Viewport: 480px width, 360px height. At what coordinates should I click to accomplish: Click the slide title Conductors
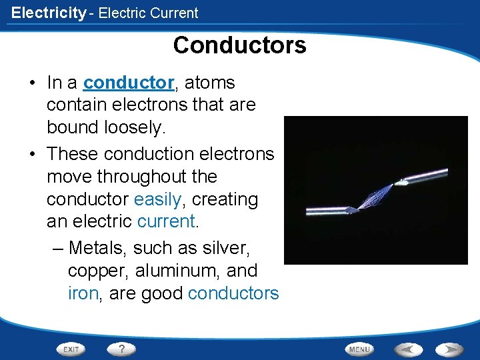click(239, 45)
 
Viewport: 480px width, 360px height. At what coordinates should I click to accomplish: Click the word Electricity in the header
click(49, 13)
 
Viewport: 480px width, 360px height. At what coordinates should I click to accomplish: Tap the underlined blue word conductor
click(129, 83)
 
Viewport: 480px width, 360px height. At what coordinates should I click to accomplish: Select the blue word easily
click(158, 199)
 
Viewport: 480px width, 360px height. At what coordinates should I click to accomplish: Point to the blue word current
click(165, 221)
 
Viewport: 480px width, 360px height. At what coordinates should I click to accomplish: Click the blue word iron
click(83, 293)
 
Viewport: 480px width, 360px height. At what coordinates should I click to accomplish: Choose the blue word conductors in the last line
click(233, 293)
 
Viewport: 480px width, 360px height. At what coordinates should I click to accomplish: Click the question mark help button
click(122, 349)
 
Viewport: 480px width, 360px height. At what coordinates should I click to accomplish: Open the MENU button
click(359, 349)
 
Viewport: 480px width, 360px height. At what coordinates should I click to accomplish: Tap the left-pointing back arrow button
click(407, 349)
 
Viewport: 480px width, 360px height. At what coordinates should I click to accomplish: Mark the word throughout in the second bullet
click(157, 177)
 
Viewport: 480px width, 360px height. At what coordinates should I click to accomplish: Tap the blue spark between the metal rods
click(378, 197)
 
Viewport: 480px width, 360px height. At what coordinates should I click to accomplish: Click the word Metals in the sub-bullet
click(98, 249)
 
